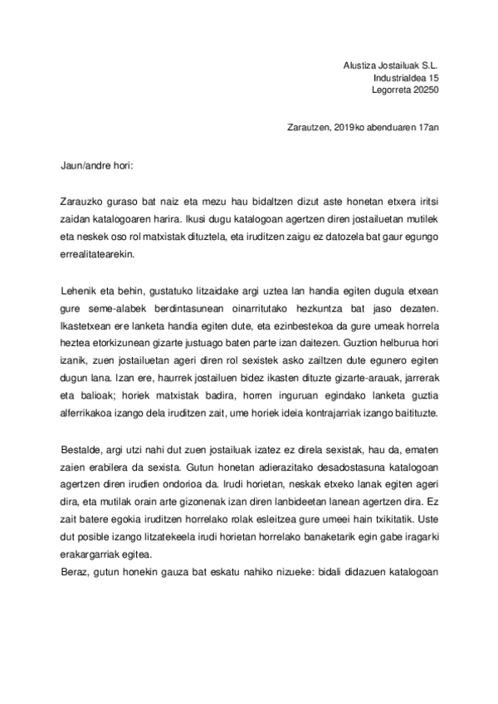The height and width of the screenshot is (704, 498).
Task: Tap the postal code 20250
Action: pos(424,90)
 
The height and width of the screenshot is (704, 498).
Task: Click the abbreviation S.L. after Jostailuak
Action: pos(427,64)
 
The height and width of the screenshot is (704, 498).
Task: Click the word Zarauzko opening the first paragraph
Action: pos(83,201)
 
